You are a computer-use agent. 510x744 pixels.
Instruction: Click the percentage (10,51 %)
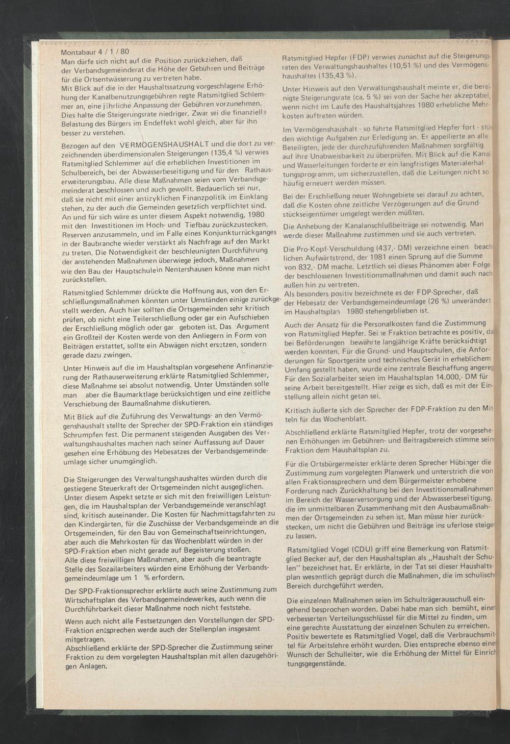(405, 66)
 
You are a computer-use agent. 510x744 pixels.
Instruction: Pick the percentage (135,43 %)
(334, 76)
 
